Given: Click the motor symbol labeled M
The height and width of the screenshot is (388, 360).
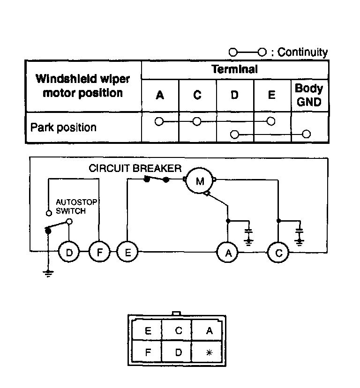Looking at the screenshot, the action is (x=200, y=180).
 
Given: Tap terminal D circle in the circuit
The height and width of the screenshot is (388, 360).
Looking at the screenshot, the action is (x=69, y=252).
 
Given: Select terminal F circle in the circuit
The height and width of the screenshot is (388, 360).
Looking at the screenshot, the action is (x=99, y=252).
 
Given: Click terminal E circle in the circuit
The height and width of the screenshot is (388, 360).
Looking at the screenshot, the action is (x=127, y=252).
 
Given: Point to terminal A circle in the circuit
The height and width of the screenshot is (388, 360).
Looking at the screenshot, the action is (x=228, y=253).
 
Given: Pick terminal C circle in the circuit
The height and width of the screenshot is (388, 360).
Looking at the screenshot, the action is (x=278, y=253).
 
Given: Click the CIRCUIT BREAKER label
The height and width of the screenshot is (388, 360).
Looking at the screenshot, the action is (x=135, y=168).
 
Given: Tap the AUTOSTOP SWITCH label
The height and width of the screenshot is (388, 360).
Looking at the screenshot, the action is (x=76, y=206).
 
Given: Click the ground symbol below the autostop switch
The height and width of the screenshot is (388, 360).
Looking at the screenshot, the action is (x=48, y=274).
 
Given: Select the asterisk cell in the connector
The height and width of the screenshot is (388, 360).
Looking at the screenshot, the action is (x=209, y=352).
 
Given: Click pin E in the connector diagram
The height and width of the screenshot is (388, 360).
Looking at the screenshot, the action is (x=148, y=330).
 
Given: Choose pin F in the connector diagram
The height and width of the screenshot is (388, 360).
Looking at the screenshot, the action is (x=148, y=352).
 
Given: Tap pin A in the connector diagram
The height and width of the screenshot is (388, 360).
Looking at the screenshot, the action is (x=209, y=330).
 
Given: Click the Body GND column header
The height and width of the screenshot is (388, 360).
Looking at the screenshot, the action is (x=309, y=95).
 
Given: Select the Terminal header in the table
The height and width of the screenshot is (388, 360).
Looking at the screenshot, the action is (x=234, y=69).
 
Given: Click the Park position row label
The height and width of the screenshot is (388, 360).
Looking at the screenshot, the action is (x=63, y=127).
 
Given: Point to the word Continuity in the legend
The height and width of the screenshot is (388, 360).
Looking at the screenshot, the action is (x=302, y=52).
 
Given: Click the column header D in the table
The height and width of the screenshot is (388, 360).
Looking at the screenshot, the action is (x=234, y=95).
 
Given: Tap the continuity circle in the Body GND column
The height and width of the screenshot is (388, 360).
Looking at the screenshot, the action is (x=307, y=134).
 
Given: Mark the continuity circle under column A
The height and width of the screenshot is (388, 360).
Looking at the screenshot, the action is (x=159, y=121).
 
